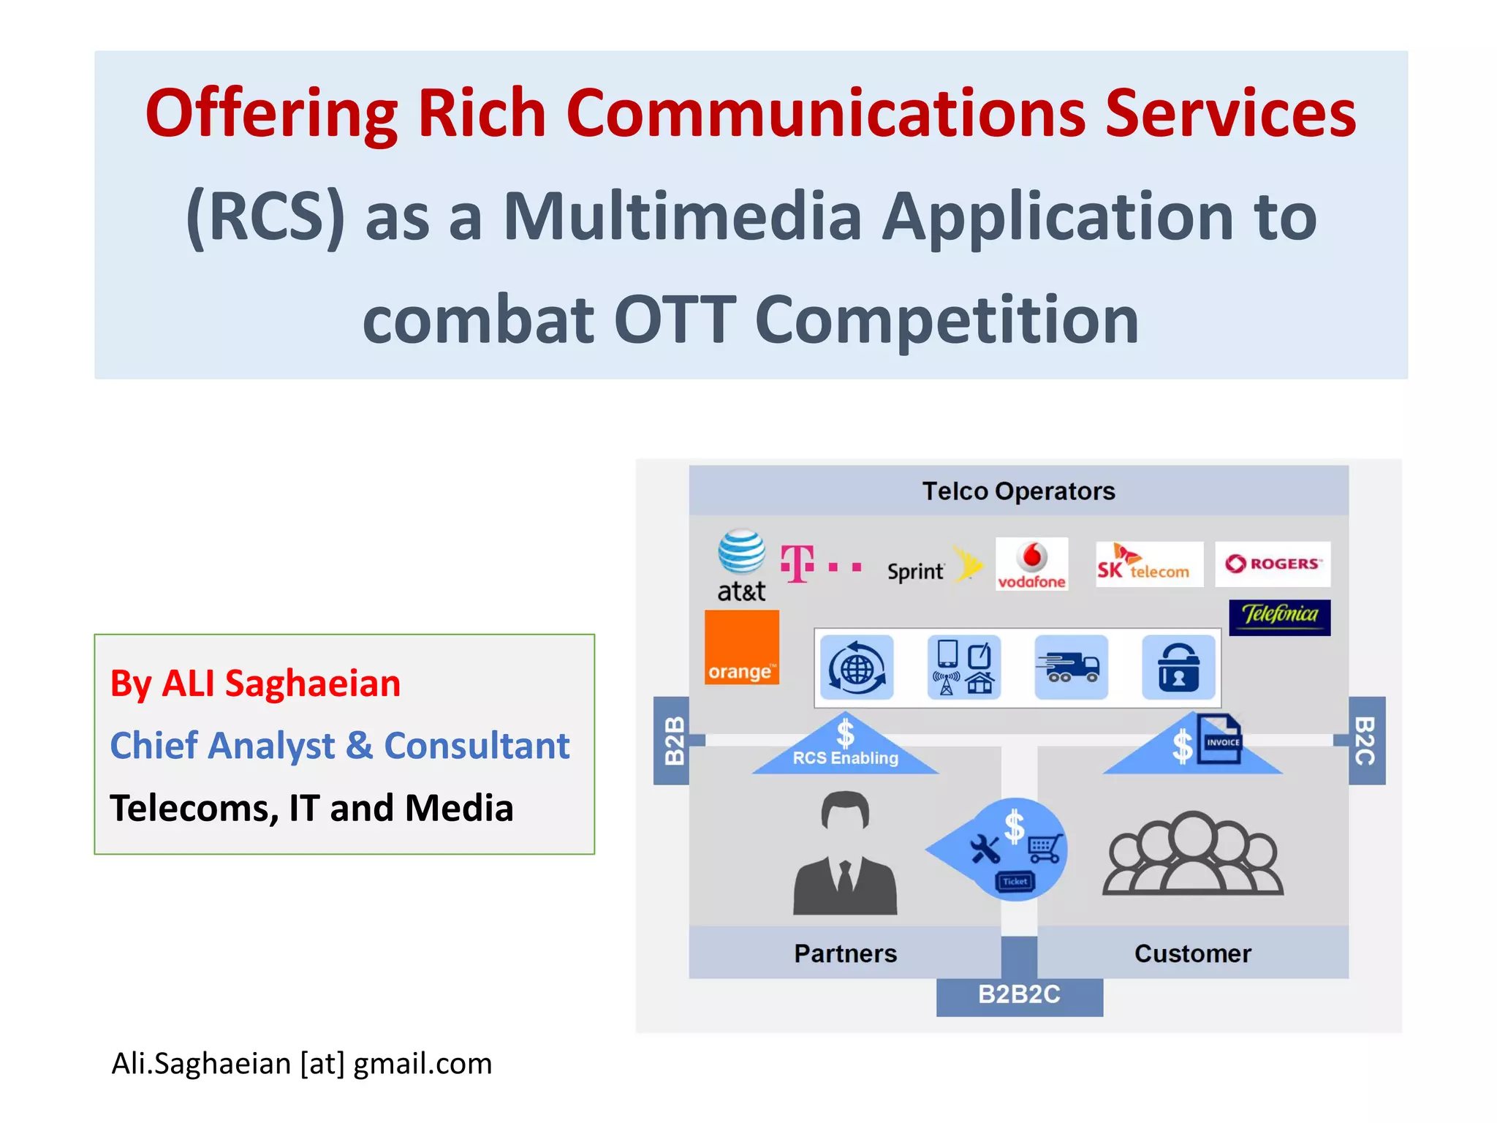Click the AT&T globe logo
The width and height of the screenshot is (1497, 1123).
[x=741, y=553]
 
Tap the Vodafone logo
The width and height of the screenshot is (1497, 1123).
[x=1031, y=564]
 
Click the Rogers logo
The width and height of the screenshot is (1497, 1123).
[x=1273, y=564]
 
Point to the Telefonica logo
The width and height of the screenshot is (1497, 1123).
[x=1279, y=617]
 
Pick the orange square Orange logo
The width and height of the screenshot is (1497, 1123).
[x=741, y=648]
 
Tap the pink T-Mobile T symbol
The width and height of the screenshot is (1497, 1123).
[x=797, y=564]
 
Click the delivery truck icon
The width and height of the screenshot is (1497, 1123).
[x=1071, y=668]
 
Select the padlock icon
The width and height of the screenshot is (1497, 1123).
[x=1178, y=668]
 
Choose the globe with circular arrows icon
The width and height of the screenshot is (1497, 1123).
[x=857, y=668]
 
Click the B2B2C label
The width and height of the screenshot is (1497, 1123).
[x=1019, y=995]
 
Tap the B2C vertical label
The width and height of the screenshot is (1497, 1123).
[x=1366, y=740]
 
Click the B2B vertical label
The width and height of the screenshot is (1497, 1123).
[x=673, y=740]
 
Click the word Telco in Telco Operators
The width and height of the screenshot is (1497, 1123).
[x=954, y=491]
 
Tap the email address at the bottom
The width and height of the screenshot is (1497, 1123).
[x=302, y=1064]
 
